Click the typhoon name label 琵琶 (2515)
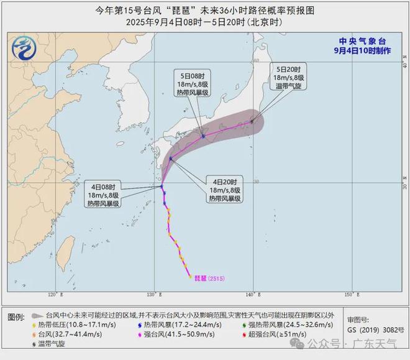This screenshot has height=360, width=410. tap(209, 277)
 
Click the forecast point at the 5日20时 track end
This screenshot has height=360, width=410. tap(252, 122)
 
